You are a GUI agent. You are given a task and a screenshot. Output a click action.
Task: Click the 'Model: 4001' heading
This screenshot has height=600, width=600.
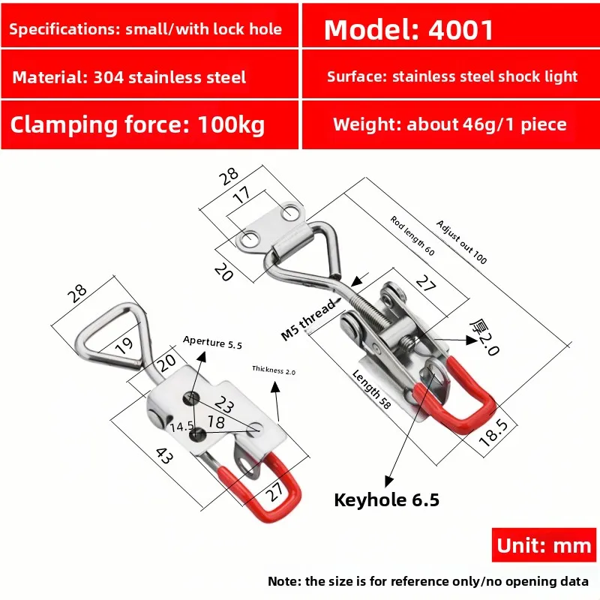[409, 30]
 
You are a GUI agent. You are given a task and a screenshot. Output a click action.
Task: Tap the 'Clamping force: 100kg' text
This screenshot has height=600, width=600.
[137, 125]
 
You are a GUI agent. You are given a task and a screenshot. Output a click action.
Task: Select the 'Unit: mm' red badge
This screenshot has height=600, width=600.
[544, 545]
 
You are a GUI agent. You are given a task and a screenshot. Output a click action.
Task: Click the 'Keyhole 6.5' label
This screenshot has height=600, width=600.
[386, 499]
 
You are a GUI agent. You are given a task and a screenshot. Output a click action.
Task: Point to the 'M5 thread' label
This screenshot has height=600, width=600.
[308, 320]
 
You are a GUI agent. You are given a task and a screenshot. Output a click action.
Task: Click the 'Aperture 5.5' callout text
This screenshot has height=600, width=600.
[212, 343]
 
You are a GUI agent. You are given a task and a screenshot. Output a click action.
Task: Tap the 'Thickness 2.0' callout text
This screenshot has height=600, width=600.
[274, 370]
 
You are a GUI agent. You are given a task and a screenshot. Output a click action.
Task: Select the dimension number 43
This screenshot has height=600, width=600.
[164, 456]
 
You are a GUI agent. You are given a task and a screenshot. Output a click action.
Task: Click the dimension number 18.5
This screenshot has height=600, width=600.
[493, 433]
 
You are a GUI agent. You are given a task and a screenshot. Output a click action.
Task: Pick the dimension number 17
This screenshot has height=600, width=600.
[242, 195]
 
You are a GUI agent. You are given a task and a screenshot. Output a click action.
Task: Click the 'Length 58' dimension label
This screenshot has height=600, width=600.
[371, 389]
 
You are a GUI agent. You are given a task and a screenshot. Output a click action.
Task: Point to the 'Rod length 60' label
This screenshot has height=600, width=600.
[412, 235]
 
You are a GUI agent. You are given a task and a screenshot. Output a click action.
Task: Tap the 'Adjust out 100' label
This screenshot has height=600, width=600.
[461, 242]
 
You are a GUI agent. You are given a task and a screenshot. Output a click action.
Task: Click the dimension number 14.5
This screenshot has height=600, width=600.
[182, 427]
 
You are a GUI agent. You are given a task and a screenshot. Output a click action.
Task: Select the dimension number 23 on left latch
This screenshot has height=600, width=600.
[223, 404]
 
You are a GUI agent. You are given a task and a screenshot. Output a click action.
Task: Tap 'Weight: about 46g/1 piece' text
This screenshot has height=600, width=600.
[449, 124]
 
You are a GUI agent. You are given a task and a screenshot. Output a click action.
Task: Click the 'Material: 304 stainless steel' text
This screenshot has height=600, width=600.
[129, 77]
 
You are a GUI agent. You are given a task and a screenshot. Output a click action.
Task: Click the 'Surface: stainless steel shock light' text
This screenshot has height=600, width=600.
[452, 76]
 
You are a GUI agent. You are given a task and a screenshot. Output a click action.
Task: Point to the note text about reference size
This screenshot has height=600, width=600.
[428, 581]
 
